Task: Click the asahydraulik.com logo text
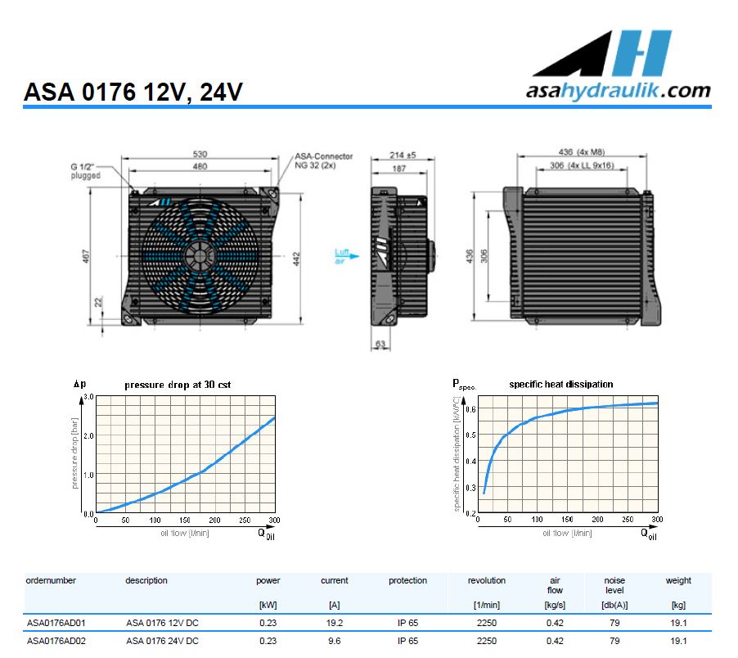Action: point(618,90)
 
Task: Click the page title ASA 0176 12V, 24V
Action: point(133,92)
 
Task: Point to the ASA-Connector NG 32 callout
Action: point(324,160)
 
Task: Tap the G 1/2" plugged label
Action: point(85,171)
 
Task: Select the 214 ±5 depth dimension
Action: point(398,155)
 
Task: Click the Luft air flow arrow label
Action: point(342,257)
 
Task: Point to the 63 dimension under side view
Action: point(380,345)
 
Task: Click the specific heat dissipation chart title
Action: point(560,384)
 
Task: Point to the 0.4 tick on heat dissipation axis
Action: point(470,461)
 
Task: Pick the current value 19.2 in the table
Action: point(334,623)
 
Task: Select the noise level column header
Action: point(614,585)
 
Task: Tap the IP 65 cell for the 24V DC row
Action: point(407,641)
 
